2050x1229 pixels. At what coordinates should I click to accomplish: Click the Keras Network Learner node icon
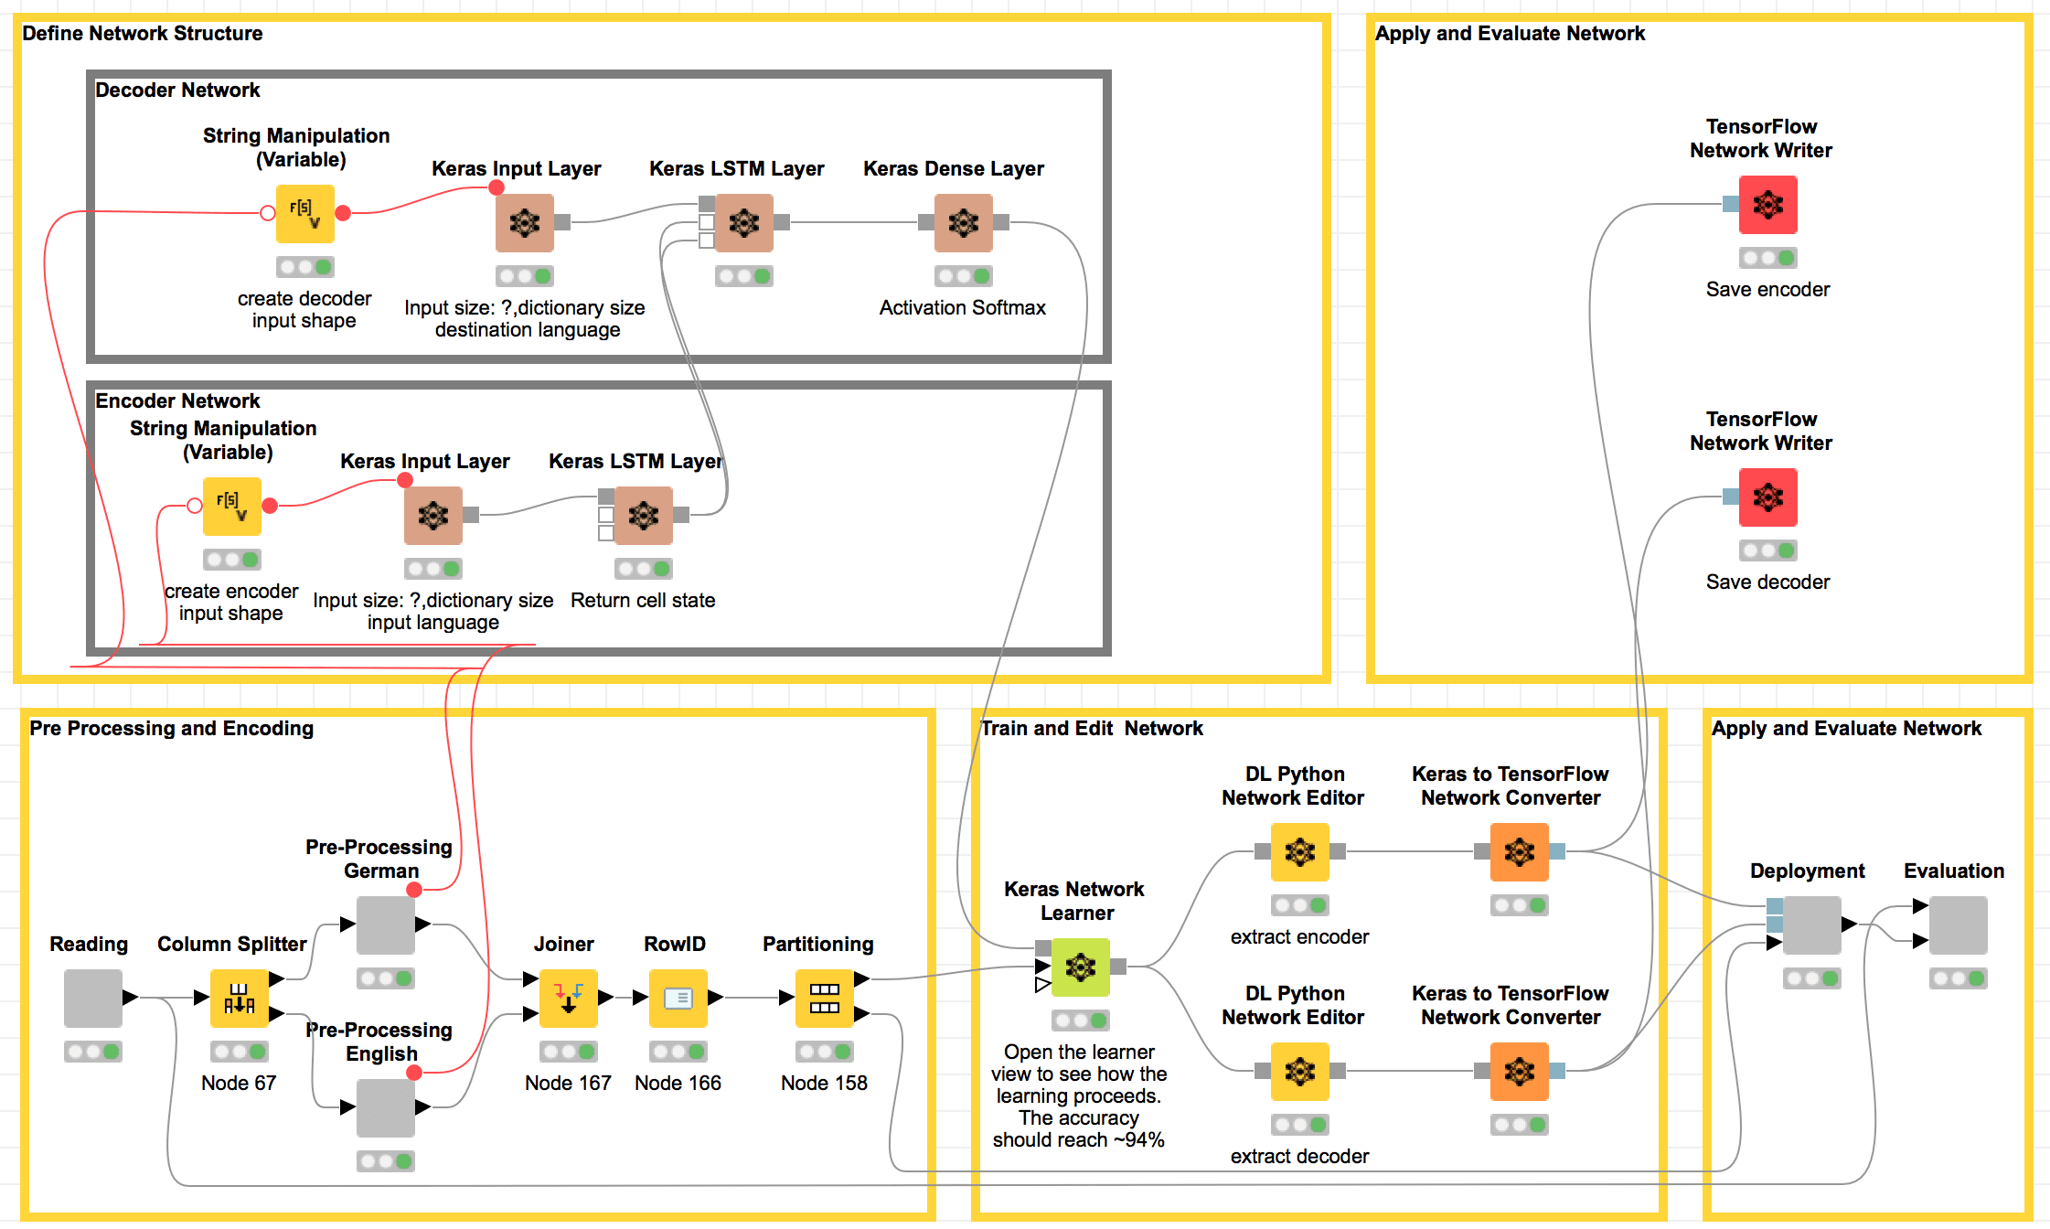[x=1080, y=967]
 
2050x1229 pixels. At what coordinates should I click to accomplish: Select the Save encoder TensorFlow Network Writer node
[x=1767, y=205]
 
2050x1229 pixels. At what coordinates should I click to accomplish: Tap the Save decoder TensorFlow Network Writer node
[x=1767, y=497]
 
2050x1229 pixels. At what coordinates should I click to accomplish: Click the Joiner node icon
[x=568, y=998]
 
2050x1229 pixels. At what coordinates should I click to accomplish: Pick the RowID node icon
[x=678, y=998]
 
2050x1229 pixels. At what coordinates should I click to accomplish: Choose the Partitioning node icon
[x=824, y=998]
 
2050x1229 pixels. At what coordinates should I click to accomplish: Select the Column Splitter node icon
[x=239, y=998]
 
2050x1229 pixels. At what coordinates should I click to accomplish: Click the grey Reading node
[x=92, y=998]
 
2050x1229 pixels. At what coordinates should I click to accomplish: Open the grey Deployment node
[x=1811, y=924]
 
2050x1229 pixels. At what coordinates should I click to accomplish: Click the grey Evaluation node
[x=1958, y=924]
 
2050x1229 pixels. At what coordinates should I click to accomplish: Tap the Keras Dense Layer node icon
[x=963, y=222]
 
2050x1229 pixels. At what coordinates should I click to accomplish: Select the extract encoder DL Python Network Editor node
[x=1299, y=851]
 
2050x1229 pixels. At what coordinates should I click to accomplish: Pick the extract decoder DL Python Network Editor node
[x=1299, y=1071]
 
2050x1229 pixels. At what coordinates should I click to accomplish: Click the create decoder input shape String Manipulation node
[x=304, y=213]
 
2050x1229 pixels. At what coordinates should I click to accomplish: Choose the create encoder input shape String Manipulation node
[x=231, y=506]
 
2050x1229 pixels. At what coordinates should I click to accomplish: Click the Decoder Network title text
[x=177, y=91]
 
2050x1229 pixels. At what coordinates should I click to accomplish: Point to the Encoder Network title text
[x=177, y=401]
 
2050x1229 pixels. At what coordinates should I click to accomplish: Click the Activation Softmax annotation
[x=962, y=308]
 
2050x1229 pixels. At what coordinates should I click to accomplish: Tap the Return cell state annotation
[x=643, y=601]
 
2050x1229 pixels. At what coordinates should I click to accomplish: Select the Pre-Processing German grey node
[x=385, y=924]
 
